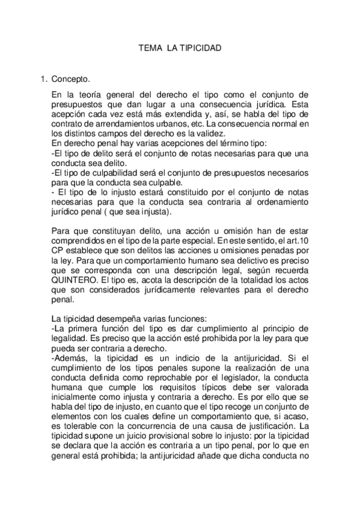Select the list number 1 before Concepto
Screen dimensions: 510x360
42,79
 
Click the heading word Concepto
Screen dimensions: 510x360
71,79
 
